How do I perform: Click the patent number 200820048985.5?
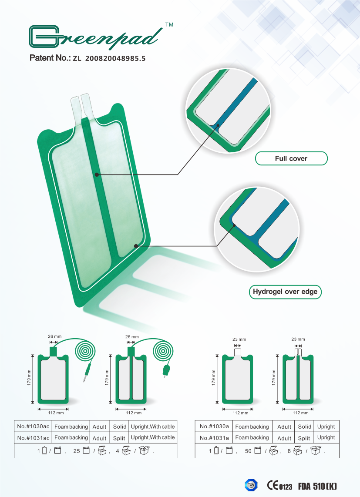click(x=115, y=58)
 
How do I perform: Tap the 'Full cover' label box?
click(x=291, y=158)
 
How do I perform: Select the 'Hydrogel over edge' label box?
click(x=285, y=292)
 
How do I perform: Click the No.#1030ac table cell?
click(x=33, y=426)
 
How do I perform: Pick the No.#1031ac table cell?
click(x=33, y=438)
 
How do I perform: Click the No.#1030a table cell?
click(x=214, y=426)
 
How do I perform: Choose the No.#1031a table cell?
click(x=214, y=438)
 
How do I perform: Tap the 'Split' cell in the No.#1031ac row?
click(x=119, y=438)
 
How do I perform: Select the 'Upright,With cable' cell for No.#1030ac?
click(x=153, y=426)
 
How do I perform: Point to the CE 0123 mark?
click(x=279, y=486)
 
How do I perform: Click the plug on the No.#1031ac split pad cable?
click(x=166, y=371)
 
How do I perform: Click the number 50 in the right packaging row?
click(x=249, y=451)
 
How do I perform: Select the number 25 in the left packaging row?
click(x=76, y=451)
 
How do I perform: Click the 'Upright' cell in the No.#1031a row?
click(x=326, y=438)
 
